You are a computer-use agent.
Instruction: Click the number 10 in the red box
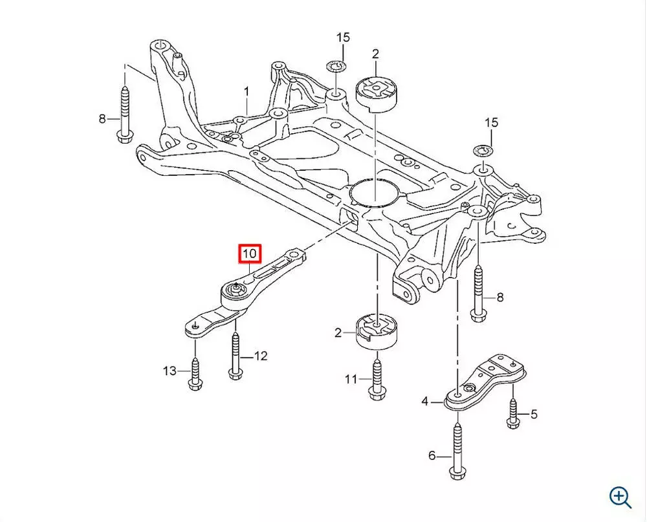pos(250,253)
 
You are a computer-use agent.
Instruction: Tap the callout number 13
pos(170,371)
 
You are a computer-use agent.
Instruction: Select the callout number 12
pos(260,356)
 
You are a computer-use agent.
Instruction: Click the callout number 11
pos(351,379)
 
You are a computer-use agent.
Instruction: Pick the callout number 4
pos(425,402)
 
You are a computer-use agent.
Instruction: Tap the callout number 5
pos(534,415)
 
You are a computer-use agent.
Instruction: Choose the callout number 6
pos(432,455)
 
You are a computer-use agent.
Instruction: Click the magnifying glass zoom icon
pos(620,496)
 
